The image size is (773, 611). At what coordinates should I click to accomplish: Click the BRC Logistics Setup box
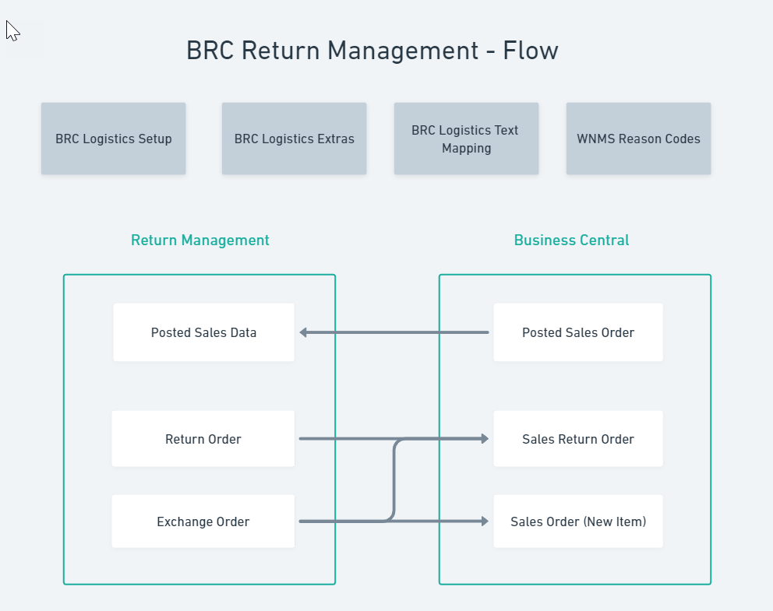click(x=114, y=139)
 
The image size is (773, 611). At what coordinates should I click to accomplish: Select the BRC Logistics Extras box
click(x=294, y=139)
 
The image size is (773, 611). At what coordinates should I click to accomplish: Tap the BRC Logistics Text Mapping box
click(x=466, y=139)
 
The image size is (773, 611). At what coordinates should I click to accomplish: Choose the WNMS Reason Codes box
click(x=638, y=139)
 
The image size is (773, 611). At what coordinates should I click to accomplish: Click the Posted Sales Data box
click(x=203, y=332)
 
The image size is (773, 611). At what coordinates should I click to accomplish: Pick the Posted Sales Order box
click(x=578, y=332)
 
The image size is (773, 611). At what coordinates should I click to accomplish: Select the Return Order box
click(x=203, y=439)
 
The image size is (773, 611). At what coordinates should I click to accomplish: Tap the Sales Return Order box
click(x=578, y=439)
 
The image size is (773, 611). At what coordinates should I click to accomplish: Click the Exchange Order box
click(x=203, y=521)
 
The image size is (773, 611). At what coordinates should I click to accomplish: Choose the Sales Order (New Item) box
click(x=578, y=521)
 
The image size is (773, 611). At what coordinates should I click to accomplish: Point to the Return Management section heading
click(x=200, y=241)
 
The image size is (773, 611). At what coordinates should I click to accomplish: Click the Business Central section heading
click(x=571, y=241)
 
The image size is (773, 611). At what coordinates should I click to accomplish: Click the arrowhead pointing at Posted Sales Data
click(x=304, y=332)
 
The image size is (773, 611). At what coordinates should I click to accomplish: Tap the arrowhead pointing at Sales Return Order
click(x=484, y=439)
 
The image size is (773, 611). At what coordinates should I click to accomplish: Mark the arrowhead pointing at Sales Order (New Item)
click(x=484, y=521)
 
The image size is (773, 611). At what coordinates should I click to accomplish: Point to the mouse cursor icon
click(x=12, y=30)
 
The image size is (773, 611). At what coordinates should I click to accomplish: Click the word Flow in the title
click(x=531, y=51)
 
